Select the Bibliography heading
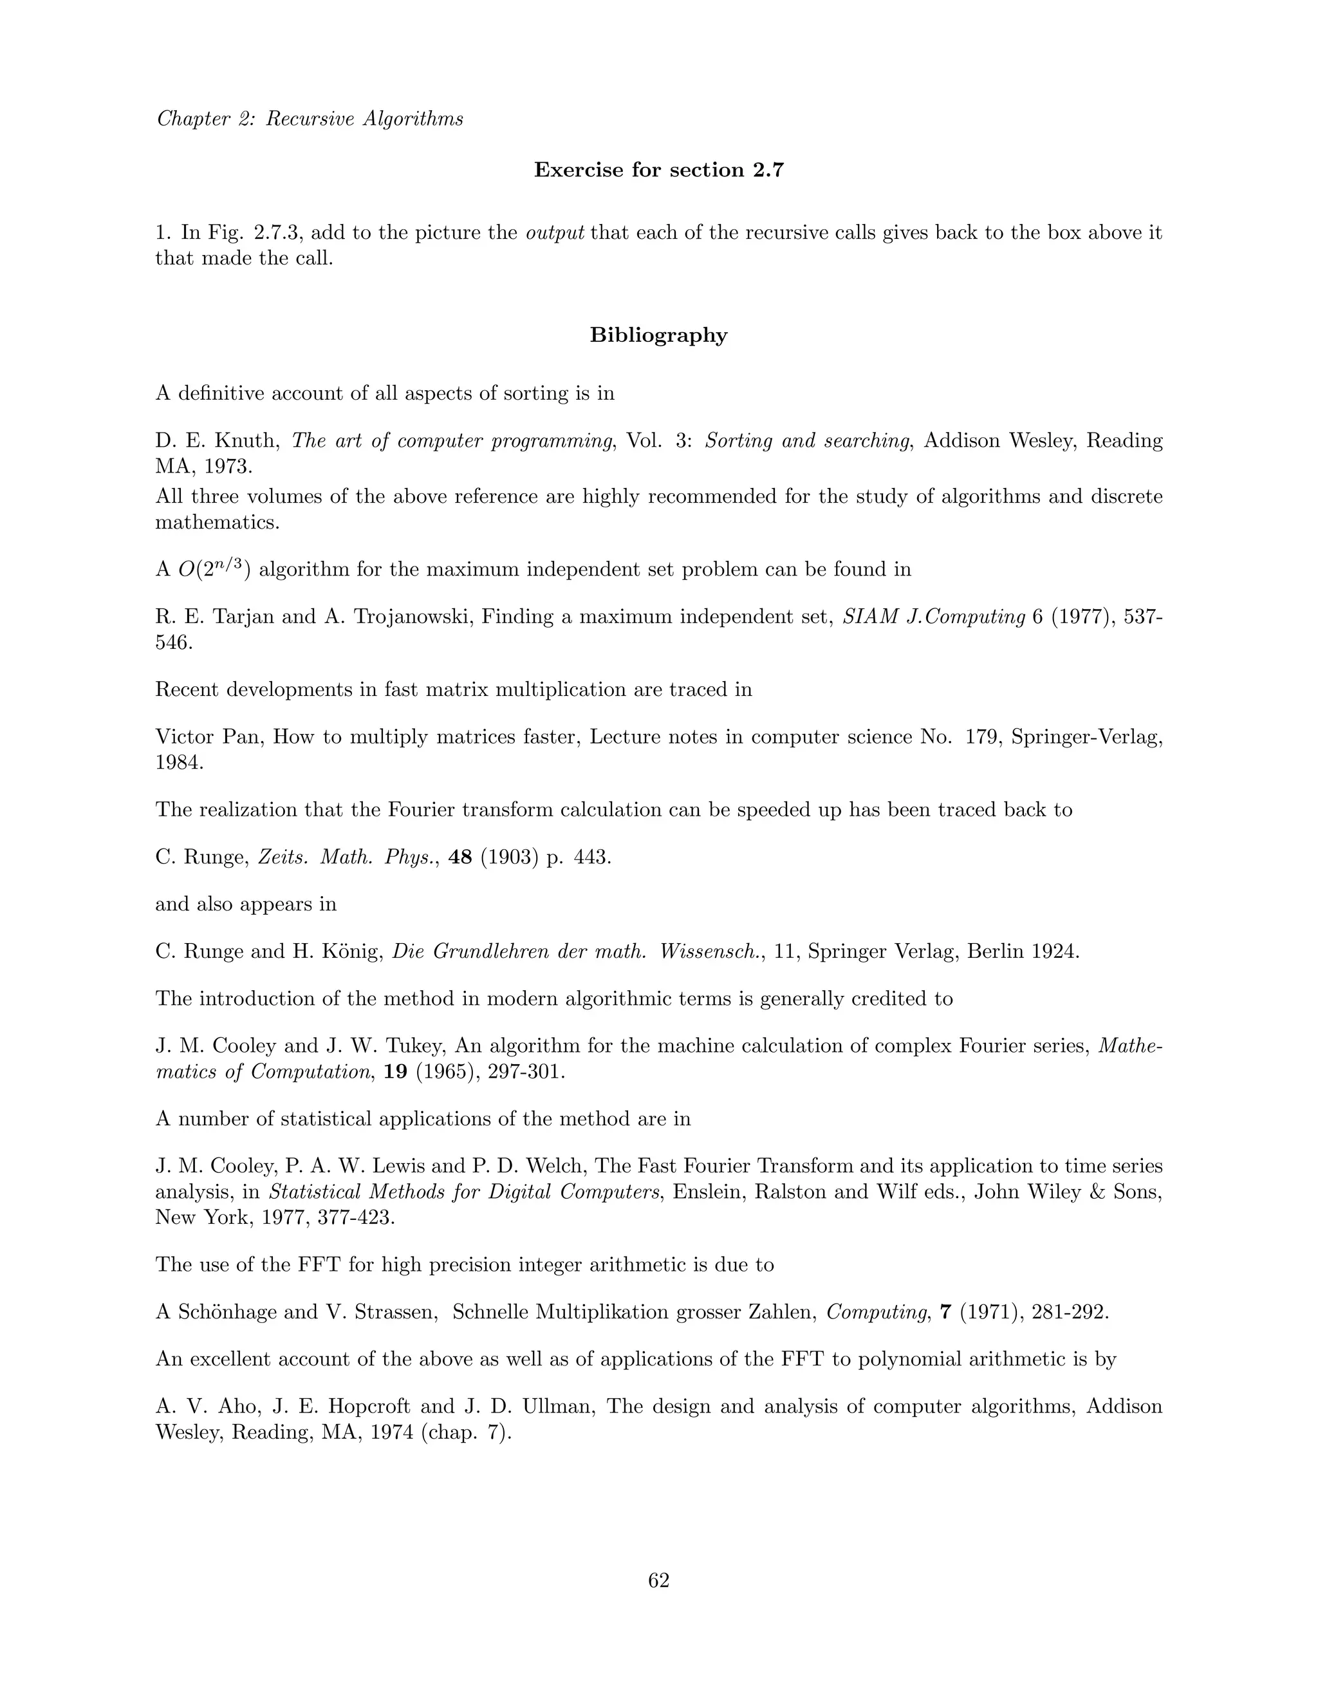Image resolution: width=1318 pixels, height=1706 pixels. point(658,335)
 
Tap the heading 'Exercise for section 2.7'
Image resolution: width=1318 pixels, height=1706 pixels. point(658,171)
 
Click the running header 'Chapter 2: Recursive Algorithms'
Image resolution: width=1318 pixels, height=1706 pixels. point(310,118)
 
